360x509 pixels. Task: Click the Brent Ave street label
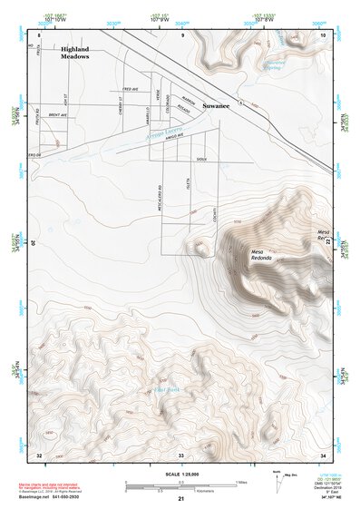[x=59, y=117]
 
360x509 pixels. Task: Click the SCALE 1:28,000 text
[x=180, y=472]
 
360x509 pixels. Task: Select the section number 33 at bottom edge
[x=180, y=453]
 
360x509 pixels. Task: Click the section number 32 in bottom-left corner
[x=38, y=453]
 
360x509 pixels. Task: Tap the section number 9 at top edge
[x=181, y=34]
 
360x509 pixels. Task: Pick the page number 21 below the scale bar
[x=180, y=499]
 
